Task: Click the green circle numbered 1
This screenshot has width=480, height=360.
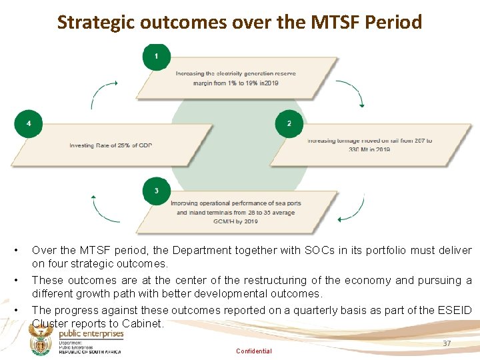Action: (157, 57)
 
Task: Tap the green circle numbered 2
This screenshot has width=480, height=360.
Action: (289, 124)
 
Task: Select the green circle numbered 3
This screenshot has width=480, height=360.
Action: (157, 191)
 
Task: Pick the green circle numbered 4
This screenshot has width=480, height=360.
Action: (28, 124)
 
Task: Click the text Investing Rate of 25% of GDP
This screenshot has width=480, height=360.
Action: (111, 145)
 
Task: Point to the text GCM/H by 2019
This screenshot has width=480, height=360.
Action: (236, 221)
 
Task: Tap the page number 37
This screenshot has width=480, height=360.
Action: (447, 343)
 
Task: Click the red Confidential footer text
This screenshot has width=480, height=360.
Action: (253, 351)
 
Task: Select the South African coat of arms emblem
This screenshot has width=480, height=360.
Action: (41, 343)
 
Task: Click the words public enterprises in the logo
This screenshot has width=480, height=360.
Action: (91, 334)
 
